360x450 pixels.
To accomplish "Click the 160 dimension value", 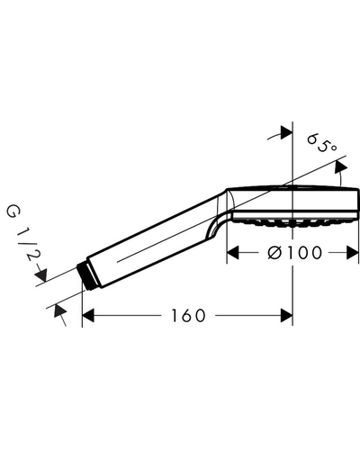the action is tap(188, 316).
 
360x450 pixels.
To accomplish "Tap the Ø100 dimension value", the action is tap(294, 253).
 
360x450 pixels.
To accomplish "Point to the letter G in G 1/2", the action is tap(13, 211).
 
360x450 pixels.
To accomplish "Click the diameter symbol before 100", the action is tap(275, 253).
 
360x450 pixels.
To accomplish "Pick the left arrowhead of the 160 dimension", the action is tap(88, 316).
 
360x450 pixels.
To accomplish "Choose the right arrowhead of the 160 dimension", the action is tap(286, 316).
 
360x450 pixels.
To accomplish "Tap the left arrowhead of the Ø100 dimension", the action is tap(232, 253).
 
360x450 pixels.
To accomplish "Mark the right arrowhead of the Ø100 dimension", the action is tap(353, 253).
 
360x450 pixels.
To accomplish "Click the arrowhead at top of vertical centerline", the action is tap(286, 132).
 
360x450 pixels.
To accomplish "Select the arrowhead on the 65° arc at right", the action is tap(340, 166).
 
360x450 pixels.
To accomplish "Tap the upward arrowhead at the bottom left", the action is tap(59, 310).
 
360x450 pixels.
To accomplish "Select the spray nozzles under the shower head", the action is tap(293, 222).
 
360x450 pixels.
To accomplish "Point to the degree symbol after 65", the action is tap(333, 148).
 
